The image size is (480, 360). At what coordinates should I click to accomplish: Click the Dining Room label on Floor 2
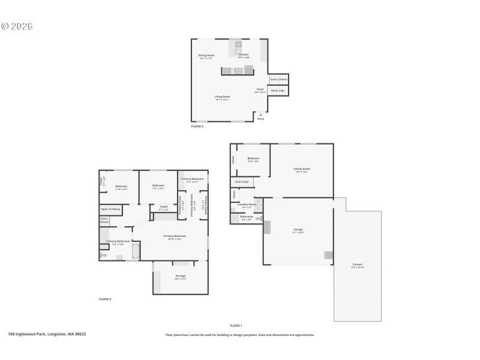[206, 55]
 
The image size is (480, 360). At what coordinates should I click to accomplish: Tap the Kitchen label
[243, 55]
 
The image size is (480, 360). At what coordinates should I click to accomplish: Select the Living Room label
[223, 97]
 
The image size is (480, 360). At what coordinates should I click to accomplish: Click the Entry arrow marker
[260, 113]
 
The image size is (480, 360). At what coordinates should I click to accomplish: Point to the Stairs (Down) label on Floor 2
[278, 79]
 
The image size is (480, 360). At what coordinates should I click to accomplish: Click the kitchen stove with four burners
[238, 71]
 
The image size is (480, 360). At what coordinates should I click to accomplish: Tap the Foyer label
[260, 90]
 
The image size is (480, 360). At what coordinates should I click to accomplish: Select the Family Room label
[301, 170]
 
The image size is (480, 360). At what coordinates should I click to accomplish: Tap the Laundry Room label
[247, 205]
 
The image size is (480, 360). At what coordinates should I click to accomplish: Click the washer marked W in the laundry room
[259, 202]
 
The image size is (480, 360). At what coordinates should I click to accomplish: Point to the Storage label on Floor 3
[180, 277]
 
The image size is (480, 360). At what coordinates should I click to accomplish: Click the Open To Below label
[110, 209]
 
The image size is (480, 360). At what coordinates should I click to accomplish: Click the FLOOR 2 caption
[197, 127]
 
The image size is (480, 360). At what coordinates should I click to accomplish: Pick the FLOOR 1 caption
[236, 325]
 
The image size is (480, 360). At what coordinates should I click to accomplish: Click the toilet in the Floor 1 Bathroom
[258, 219]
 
